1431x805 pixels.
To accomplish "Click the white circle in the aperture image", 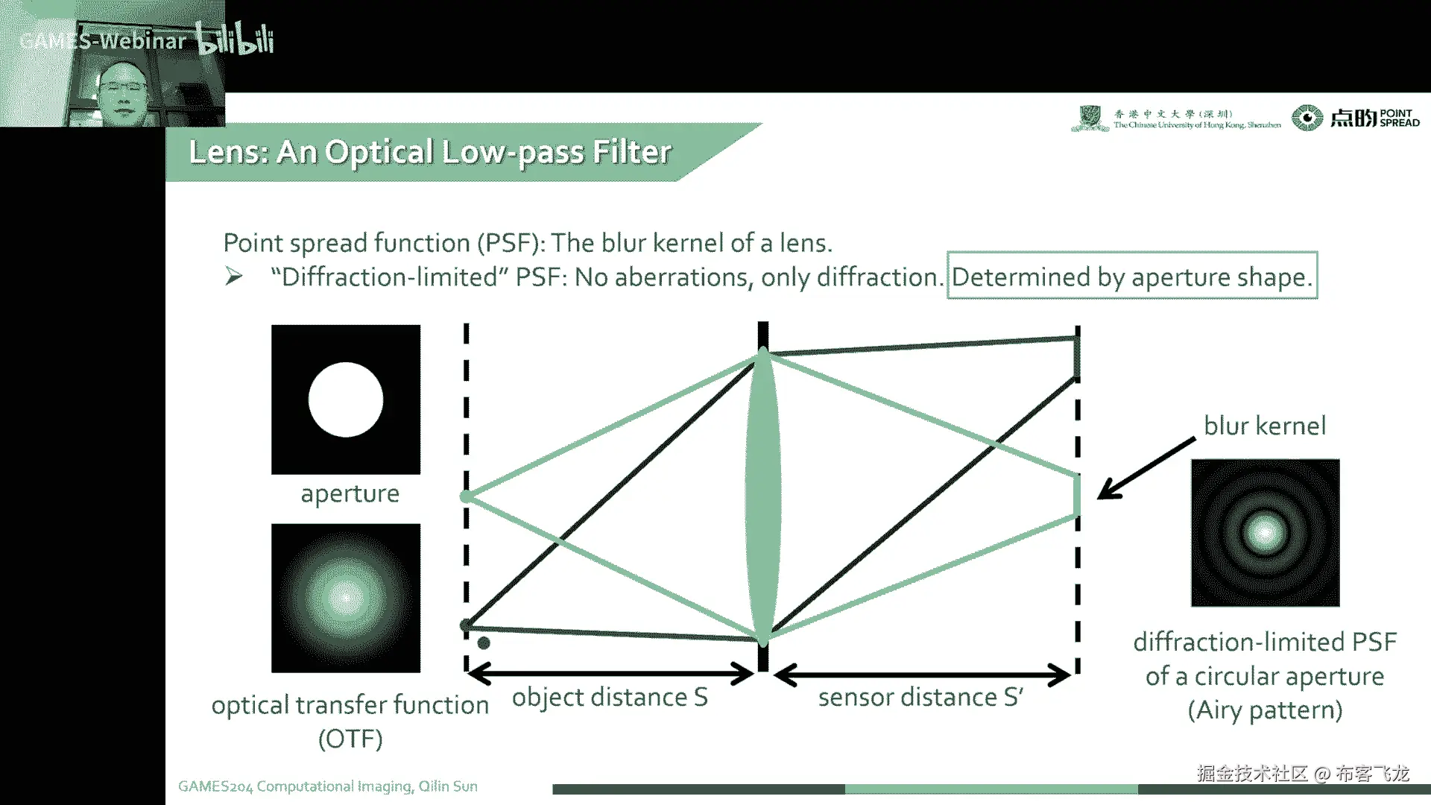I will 346,400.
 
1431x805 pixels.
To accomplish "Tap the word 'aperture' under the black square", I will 350,493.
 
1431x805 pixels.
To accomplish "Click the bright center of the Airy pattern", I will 1265,532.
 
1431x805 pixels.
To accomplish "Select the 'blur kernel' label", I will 1265,426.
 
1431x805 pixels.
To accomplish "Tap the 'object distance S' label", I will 609,697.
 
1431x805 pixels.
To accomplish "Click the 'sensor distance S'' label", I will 920,697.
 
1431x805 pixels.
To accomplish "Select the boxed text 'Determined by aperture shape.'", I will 1131,277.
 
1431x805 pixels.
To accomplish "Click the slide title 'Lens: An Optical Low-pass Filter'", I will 430,152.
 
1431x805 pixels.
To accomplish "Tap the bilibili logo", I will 236,39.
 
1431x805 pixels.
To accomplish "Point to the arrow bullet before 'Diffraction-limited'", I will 234,277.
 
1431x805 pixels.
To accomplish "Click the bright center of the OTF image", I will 345,597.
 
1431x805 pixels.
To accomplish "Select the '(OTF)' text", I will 350,739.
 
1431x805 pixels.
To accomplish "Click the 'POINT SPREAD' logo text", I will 1399,118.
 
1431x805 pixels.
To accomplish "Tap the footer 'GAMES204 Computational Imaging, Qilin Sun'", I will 328,786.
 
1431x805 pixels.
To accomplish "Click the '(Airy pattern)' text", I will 1265,710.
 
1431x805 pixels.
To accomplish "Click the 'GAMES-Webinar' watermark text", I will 103,41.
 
